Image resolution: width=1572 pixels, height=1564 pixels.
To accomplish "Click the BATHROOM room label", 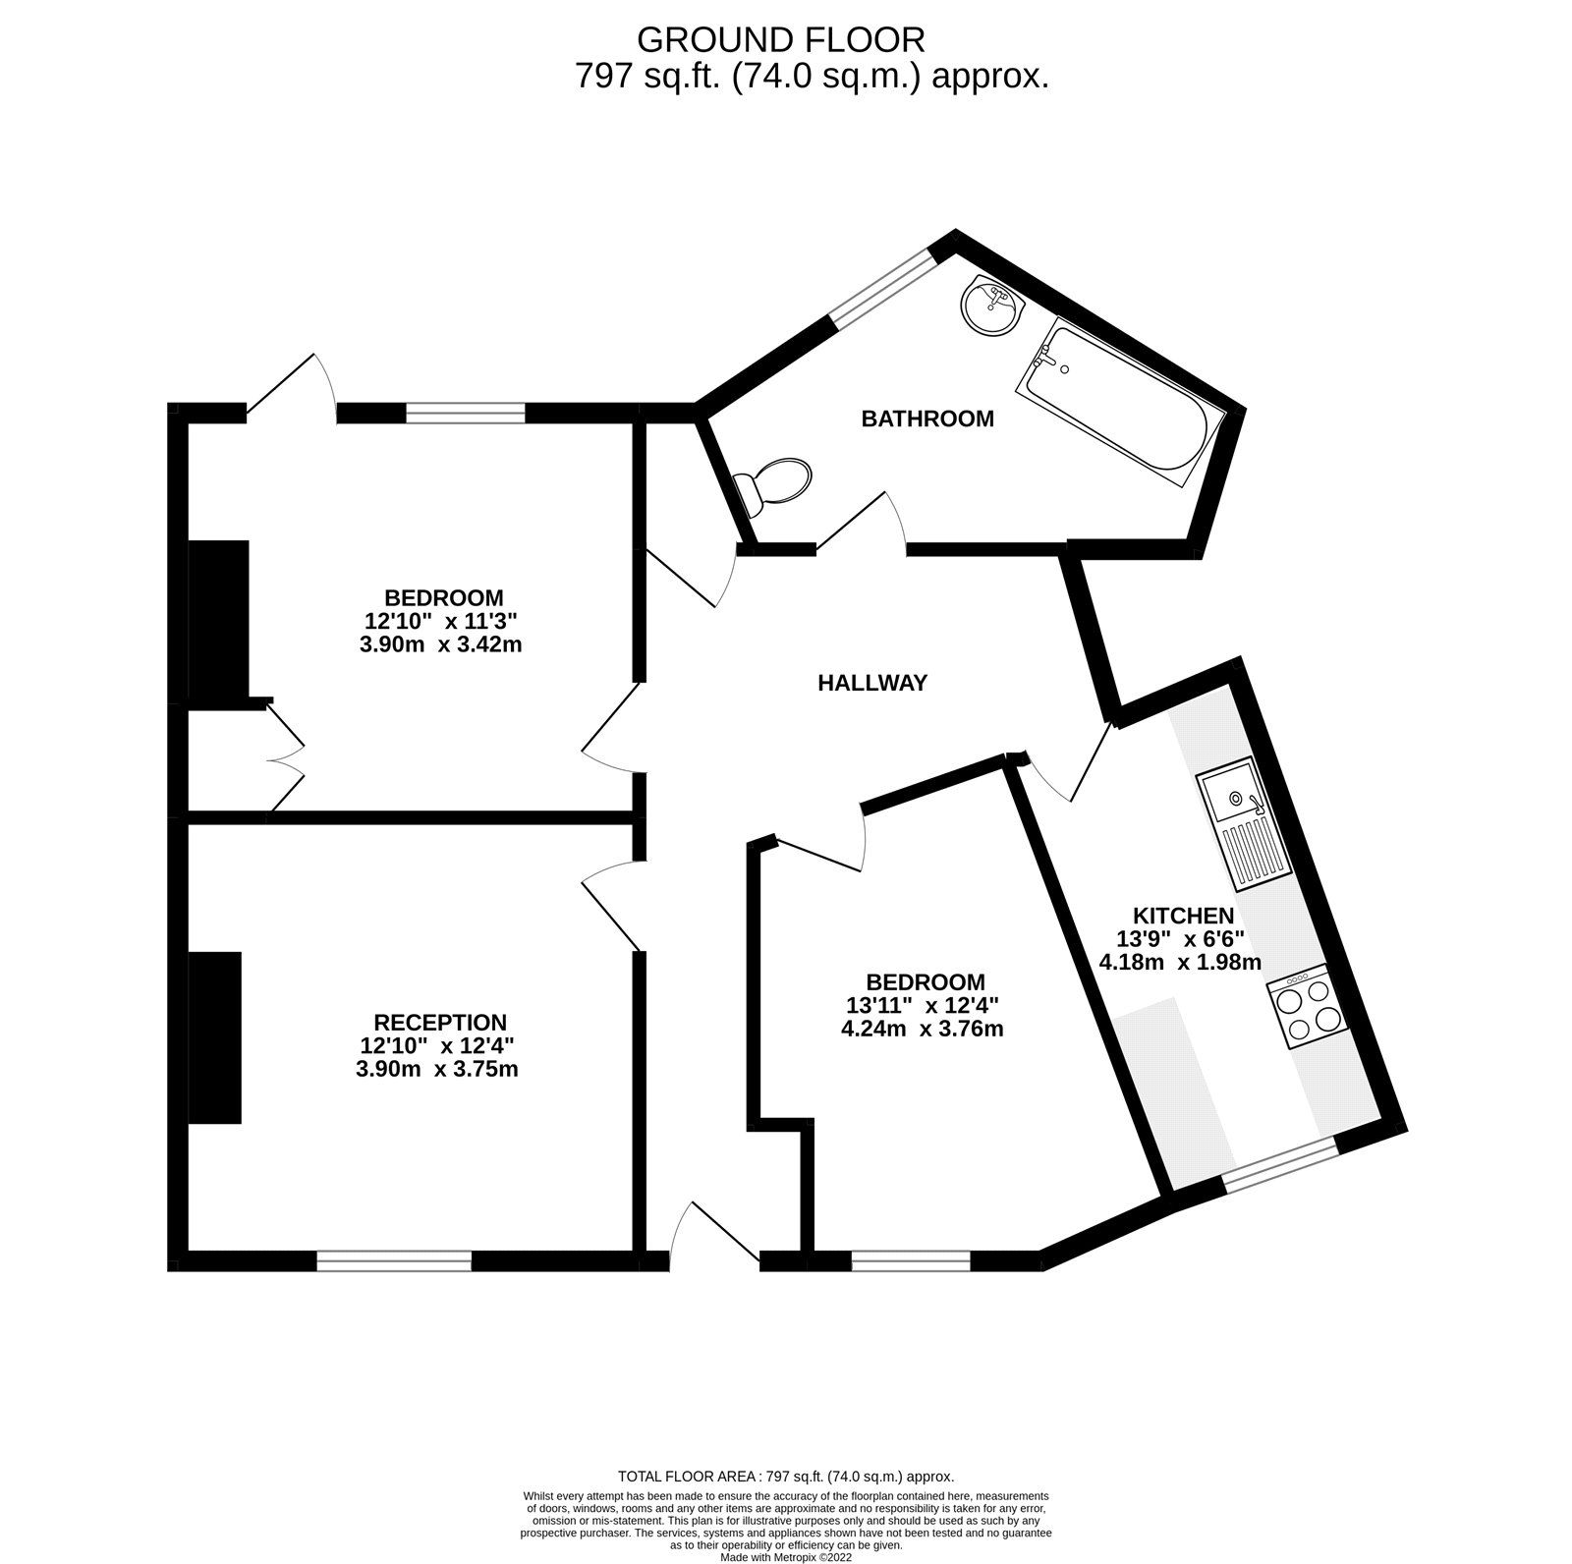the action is (927, 419).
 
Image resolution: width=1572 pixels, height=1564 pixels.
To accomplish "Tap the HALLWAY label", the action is (872, 683).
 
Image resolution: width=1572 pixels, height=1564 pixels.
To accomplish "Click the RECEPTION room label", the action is (440, 1023).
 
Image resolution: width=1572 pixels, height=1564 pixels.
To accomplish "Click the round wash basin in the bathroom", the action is (991, 306).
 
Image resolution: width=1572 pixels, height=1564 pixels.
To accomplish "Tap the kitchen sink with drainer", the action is (1242, 821).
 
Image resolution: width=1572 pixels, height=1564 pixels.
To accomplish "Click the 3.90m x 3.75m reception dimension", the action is (437, 1069).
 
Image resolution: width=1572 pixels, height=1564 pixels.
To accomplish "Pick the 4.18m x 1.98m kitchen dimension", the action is (1180, 962).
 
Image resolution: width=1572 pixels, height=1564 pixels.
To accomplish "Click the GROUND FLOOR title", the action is (781, 39).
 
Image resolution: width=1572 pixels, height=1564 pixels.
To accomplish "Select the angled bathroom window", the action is (879, 286).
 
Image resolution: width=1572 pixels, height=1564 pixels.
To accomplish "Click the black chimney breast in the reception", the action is (215, 1036).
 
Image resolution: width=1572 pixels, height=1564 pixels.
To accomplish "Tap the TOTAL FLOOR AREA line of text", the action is (786, 1504).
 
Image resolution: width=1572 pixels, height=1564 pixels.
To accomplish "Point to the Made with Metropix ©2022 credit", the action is (786, 1557).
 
